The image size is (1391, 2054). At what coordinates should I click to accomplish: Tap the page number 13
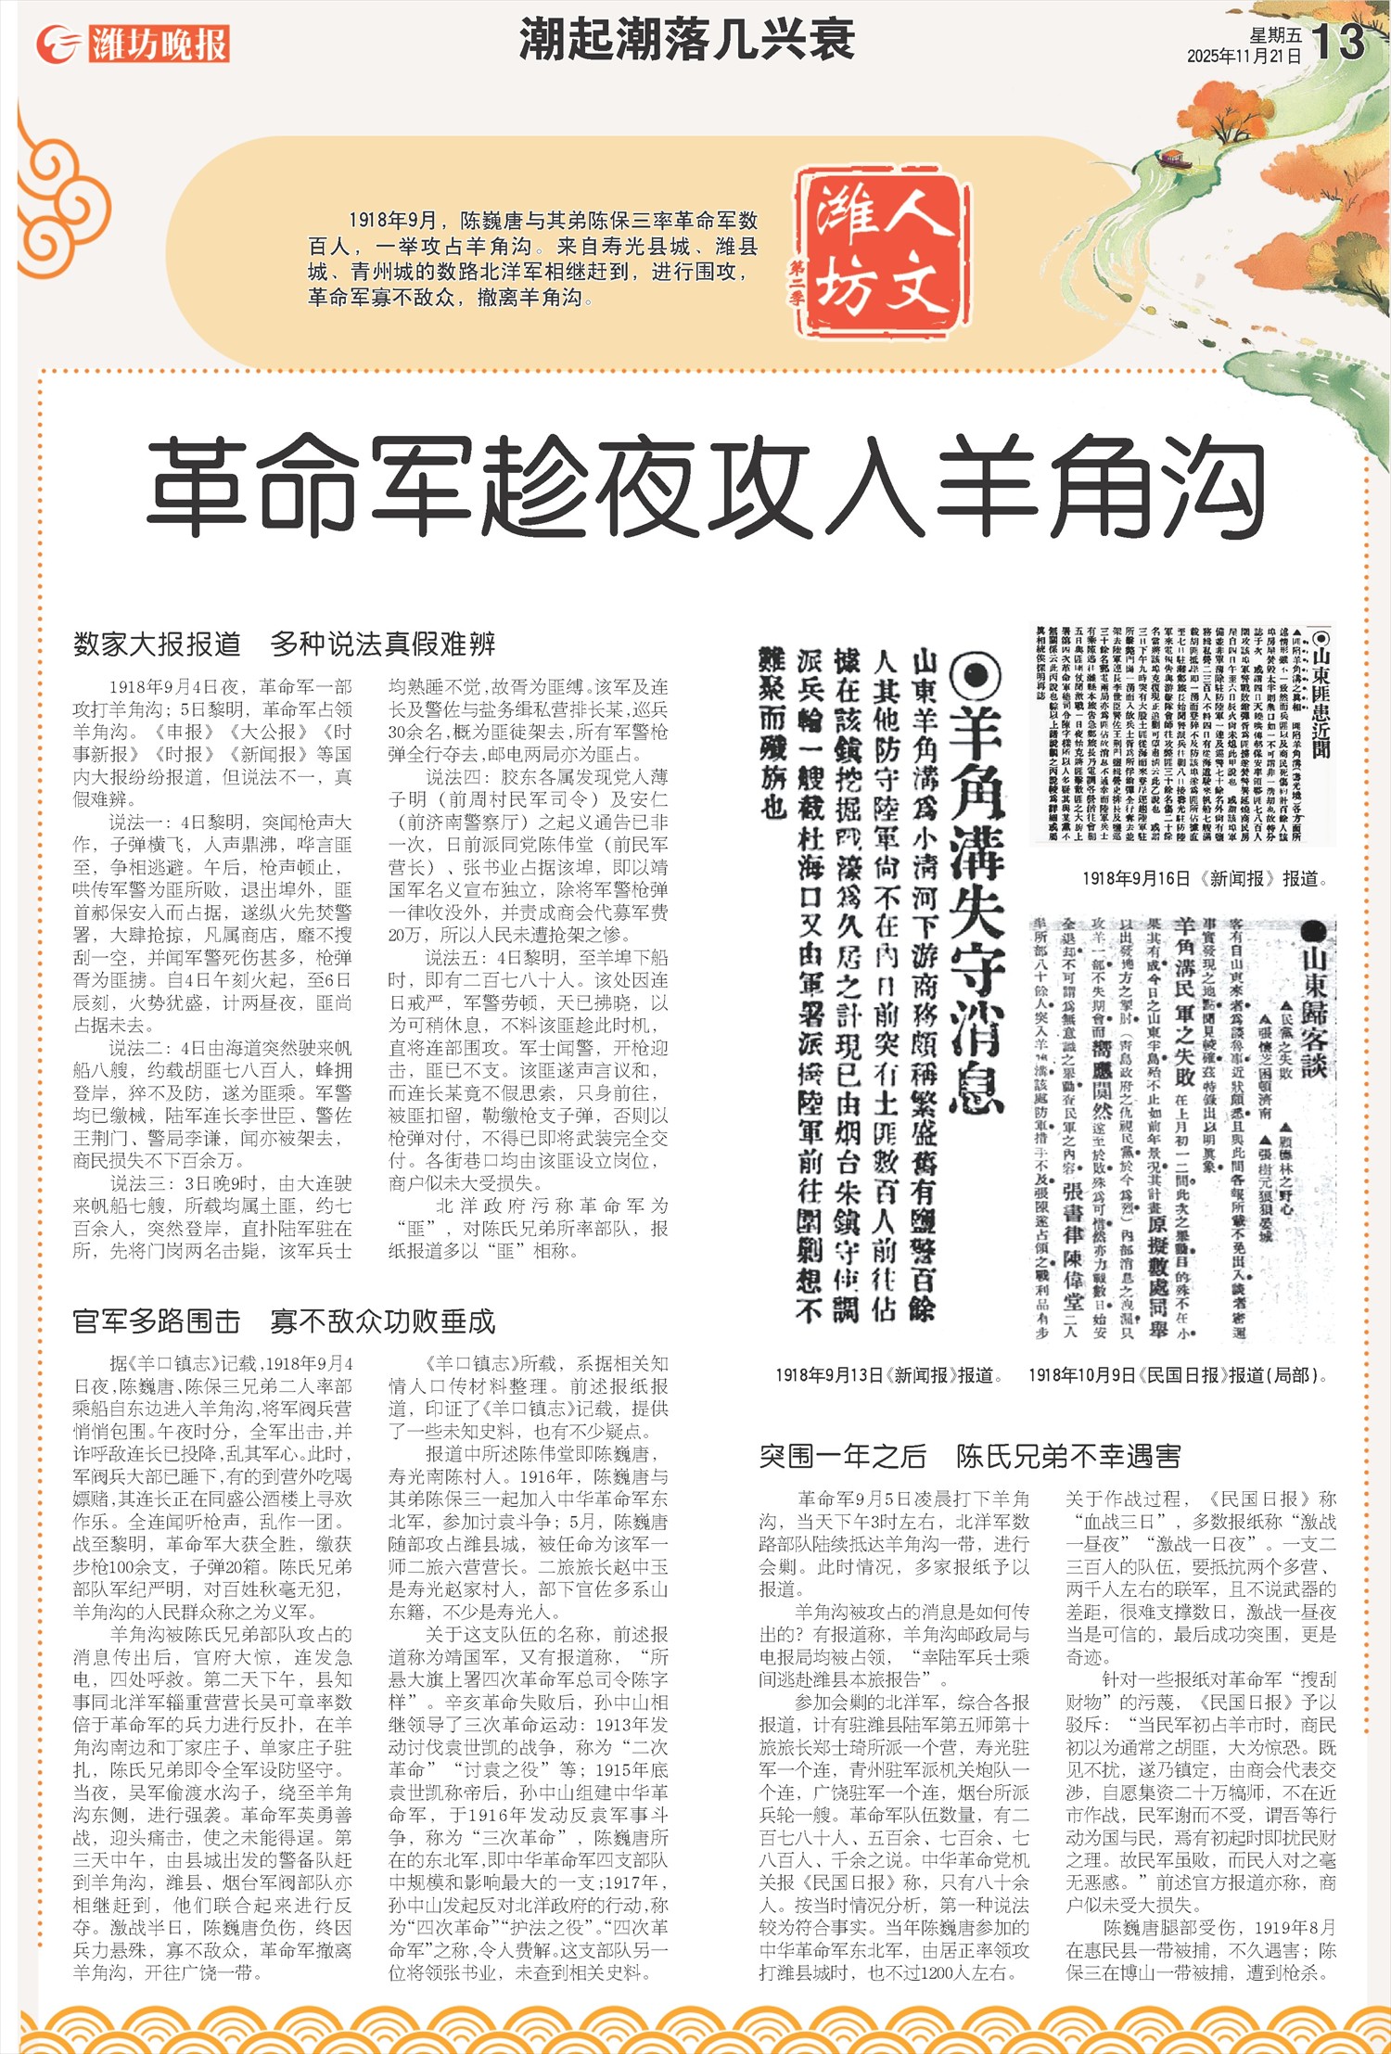pos(1338,41)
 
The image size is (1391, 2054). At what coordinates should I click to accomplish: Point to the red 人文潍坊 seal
pos(882,252)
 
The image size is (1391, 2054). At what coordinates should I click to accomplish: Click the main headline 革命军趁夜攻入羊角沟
pos(705,487)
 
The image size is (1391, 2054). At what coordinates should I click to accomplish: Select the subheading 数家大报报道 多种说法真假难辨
pos(285,644)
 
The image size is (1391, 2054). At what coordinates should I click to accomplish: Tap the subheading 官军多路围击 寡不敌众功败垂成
pos(285,1320)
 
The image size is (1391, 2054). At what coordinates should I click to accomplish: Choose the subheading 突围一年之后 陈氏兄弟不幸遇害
pos(970,1456)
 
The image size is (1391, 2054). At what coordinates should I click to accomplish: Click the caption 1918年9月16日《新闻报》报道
pos(1205,879)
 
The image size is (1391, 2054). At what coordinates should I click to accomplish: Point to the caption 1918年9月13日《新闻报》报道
pos(889,1375)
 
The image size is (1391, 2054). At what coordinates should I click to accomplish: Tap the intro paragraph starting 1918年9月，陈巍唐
pos(533,259)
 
